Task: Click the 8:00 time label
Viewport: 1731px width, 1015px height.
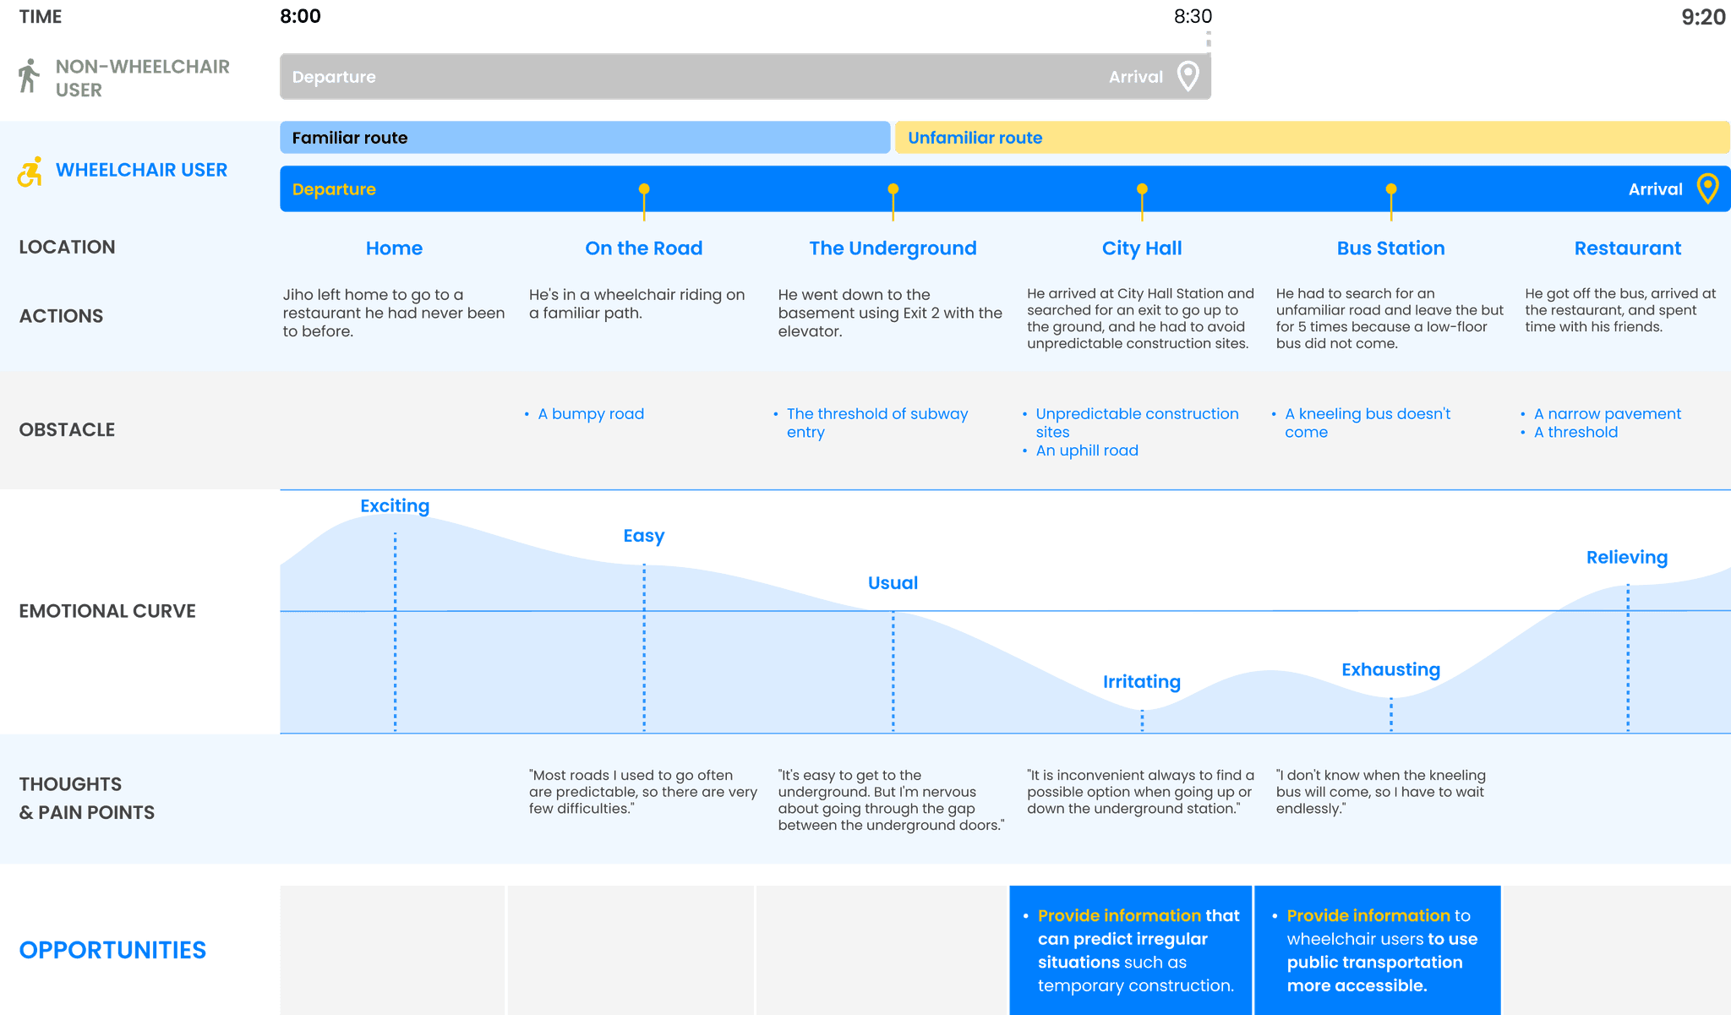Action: (300, 16)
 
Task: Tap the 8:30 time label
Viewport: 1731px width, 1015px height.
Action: (1193, 16)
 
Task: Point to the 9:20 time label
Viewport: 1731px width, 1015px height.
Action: (1702, 17)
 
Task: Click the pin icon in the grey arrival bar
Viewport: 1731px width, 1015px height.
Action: (1188, 76)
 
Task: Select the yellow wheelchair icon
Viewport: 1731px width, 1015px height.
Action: (30, 172)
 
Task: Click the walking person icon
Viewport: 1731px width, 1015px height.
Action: (29, 76)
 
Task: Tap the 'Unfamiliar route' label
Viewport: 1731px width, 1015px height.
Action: (975, 138)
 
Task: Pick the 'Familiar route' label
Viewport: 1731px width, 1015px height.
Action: (350, 138)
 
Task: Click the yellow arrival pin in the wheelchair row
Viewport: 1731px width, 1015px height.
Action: (1707, 188)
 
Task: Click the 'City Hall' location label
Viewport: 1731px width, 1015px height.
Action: (1142, 248)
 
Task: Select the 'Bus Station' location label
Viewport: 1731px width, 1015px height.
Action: (1390, 248)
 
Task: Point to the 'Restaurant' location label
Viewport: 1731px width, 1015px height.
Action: (1627, 248)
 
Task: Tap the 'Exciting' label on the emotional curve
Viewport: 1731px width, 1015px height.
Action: (395, 505)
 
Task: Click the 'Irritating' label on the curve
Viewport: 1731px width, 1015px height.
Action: (1142, 682)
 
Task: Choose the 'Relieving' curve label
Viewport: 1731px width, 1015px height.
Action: (1626, 558)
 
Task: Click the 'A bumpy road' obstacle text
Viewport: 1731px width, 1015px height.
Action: (591, 414)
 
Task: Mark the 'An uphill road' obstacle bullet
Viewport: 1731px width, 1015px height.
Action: (1087, 451)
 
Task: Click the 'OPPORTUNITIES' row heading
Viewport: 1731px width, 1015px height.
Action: (112, 950)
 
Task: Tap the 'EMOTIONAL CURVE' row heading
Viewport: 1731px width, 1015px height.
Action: (107, 611)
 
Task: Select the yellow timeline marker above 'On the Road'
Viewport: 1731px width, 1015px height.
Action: (644, 190)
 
